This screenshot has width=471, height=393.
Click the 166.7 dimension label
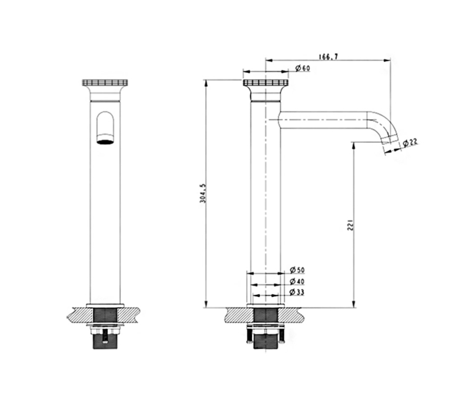(x=328, y=56)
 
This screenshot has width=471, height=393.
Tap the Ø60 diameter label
(x=302, y=68)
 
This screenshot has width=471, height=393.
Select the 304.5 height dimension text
(x=203, y=194)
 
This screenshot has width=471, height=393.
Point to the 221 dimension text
(x=350, y=225)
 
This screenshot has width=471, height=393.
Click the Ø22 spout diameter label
(x=410, y=142)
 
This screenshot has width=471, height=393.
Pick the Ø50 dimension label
(x=297, y=270)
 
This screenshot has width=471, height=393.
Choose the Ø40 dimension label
(x=297, y=281)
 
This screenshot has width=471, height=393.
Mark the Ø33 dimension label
(x=297, y=292)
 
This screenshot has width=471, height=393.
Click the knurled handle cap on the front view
(x=105, y=83)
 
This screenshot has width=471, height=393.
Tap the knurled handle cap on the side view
(x=266, y=83)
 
